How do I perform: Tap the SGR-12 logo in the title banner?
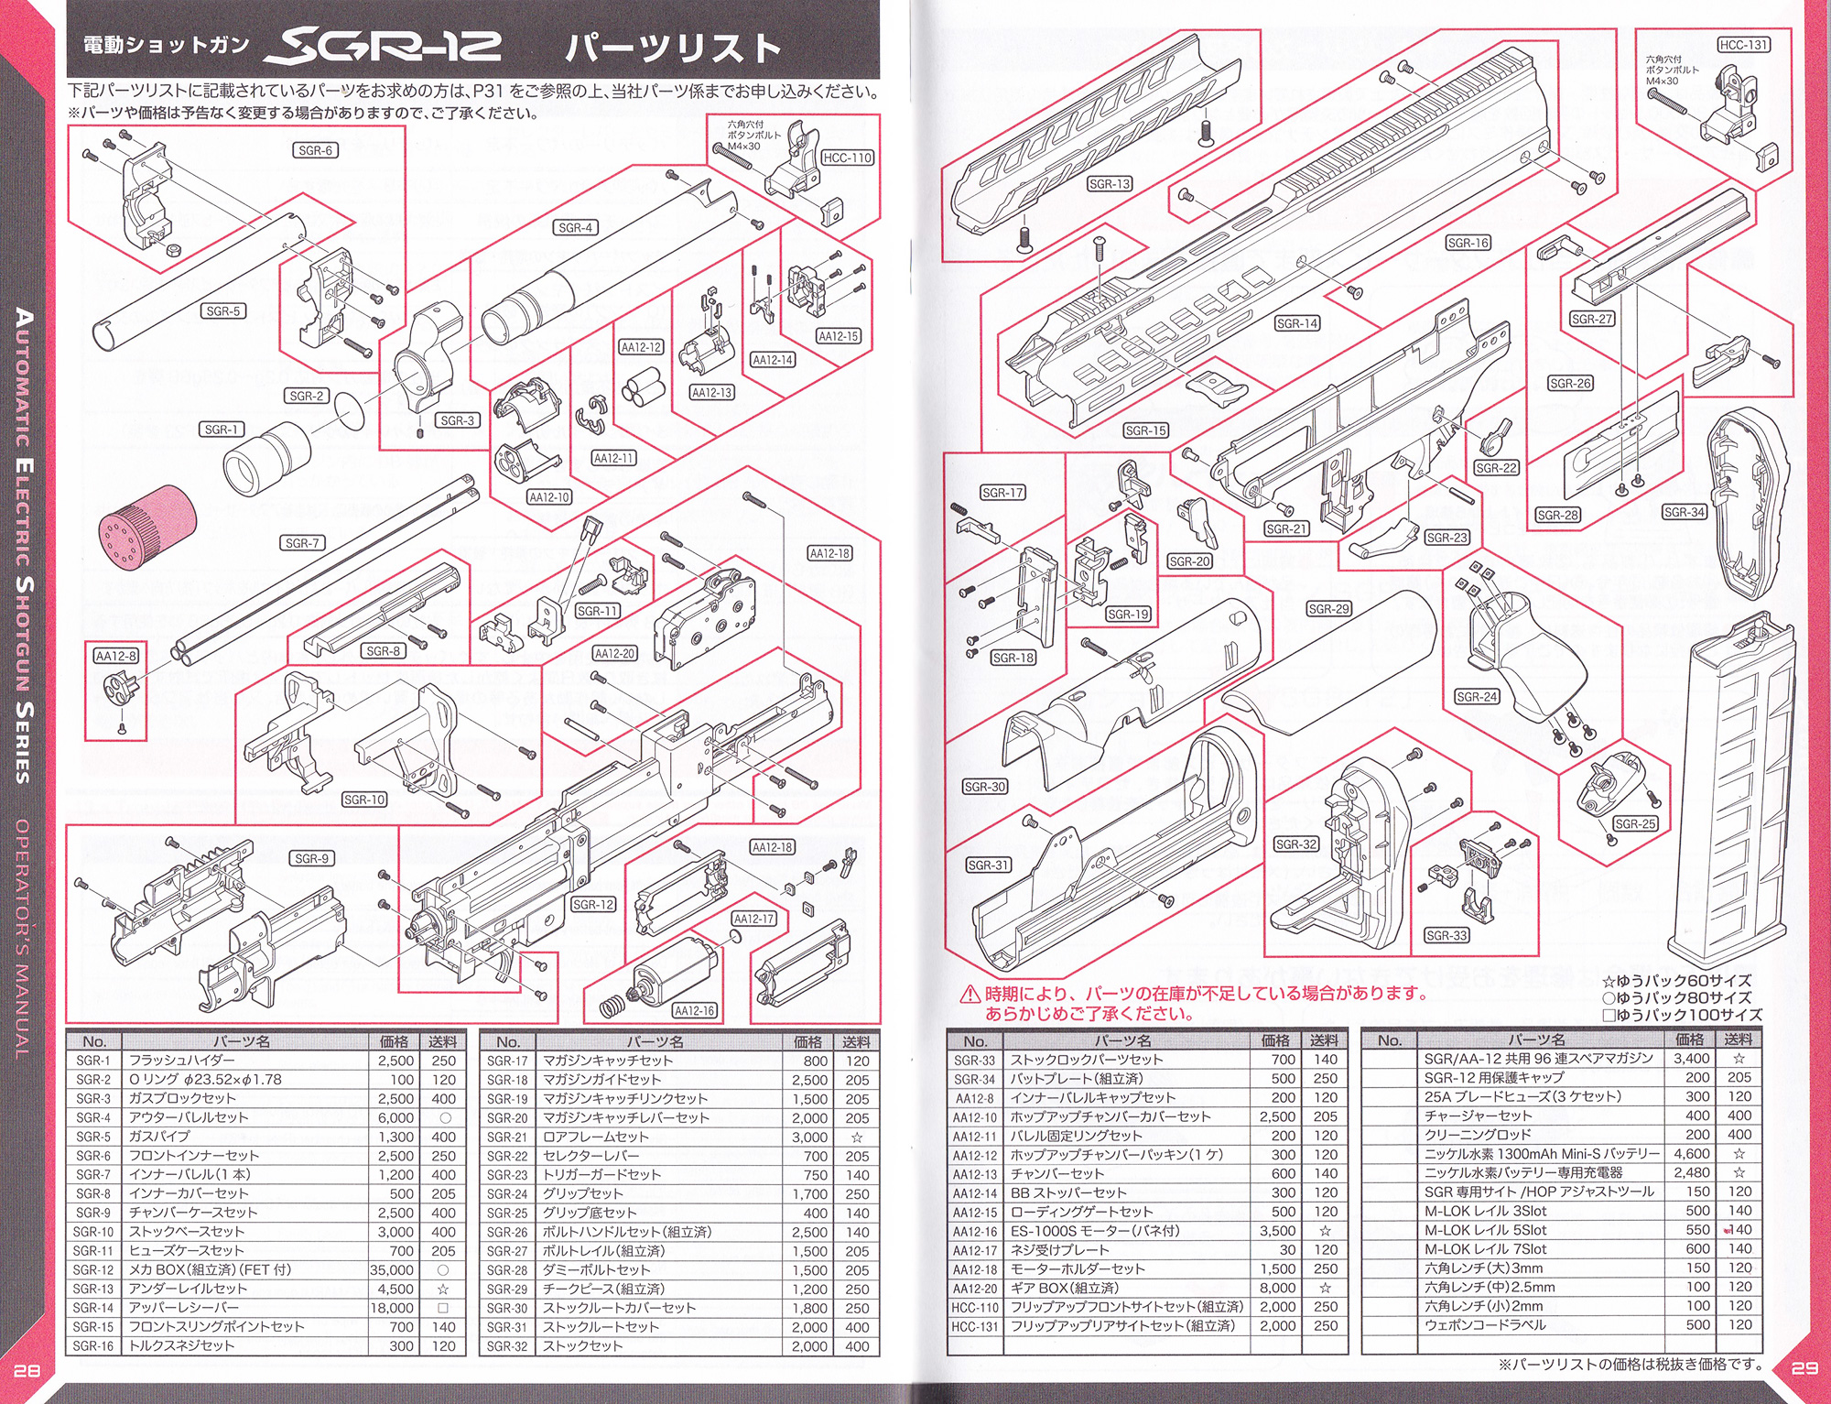[x=383, y=47]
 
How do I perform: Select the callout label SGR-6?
[x=316, y=150]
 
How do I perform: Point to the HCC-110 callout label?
[x=847, y=158]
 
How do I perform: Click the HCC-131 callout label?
[x=1743, y=45]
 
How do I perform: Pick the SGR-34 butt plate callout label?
[x=1685, y=512]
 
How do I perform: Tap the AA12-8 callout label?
[x=116, y=656]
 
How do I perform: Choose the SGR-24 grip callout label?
[x=1477, y=697]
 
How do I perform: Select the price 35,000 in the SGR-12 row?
[x=392, y=1270]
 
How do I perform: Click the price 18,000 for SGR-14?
[x=392, y=1308]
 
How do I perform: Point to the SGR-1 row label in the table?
[x=93, y=1061]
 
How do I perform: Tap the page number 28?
[x=27, y=1370]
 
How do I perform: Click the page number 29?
[x=1804, y=1368]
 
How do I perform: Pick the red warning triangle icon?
[x=970, y=994]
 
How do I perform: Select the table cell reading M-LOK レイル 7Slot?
[x=1485, y=1249]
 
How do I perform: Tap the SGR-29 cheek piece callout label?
[x=1328, y=609]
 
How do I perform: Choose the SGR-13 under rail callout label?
[x=1110, y=184]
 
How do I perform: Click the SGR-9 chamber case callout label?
[x=312, y=858]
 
